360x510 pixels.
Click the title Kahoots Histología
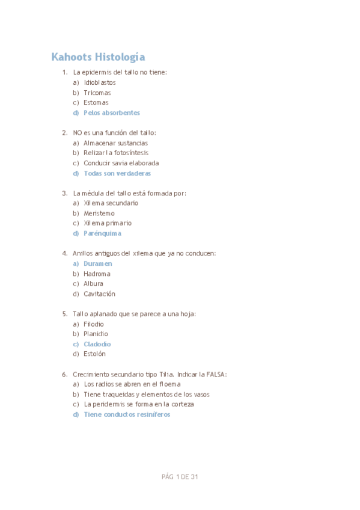98,57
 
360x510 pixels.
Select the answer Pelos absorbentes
112,112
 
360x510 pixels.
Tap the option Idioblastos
100,82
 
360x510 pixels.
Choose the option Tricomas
97,93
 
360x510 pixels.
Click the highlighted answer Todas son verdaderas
117,173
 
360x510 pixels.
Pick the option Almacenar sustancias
115,143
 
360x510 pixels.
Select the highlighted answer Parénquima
102,233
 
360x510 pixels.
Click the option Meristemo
99,214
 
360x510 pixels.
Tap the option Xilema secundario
111,203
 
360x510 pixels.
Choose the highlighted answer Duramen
98,263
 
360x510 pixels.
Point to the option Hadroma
97,274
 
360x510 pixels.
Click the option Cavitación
99,294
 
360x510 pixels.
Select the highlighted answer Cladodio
97,344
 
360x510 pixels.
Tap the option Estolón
95,354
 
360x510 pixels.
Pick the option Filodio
94,324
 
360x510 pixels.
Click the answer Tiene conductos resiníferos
127,414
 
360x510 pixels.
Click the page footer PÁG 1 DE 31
180,477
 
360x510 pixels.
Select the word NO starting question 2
77,133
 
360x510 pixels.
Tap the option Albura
93,284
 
